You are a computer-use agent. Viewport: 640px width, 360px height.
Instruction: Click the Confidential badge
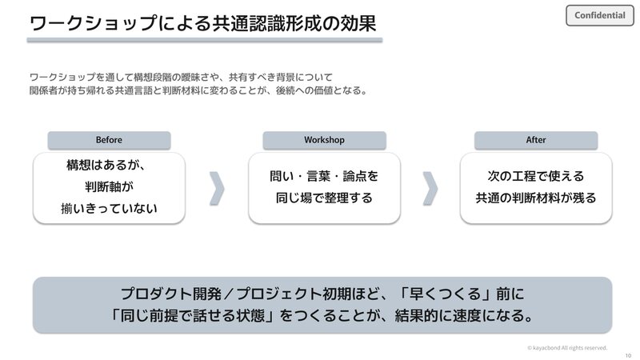599,15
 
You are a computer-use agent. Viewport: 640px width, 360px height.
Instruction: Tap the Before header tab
109,140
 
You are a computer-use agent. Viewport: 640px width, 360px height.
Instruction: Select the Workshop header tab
324,140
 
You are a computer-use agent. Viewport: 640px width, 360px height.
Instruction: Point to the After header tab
536,140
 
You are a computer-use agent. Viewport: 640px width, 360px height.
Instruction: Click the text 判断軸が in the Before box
109,187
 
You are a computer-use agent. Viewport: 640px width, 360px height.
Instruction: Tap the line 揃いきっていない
109,209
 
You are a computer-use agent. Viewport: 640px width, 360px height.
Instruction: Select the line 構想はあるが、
106,165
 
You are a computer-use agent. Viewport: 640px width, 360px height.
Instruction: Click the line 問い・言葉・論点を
324,176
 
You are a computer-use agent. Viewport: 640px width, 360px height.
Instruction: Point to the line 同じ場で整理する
324,198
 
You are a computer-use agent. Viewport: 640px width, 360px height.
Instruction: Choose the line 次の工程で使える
536,176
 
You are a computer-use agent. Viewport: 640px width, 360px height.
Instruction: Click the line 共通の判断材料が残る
536,198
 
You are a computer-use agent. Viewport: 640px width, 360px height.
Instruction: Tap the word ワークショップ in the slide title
94,23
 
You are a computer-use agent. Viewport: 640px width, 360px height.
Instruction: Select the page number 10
628,355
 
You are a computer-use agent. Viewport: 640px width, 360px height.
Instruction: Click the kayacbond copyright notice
567,348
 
